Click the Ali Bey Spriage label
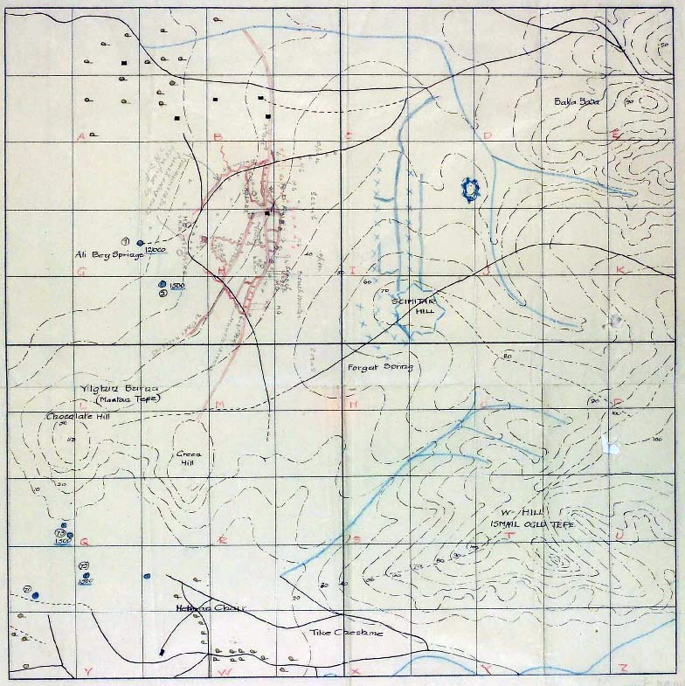(x=108, y=254)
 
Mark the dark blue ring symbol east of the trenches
(x=471, y=189)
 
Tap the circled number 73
(x=60, y=532)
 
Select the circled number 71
(x=28, y=590)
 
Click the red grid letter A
(x=80, y=136)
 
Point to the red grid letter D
(x=488, y=135)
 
